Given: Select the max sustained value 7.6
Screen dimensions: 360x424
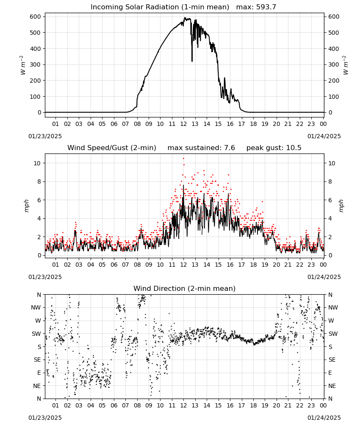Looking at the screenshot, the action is pos(229,148).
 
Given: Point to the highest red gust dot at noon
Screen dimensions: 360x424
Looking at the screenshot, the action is pos(184,159).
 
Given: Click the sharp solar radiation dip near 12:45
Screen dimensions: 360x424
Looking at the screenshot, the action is pos(192,61).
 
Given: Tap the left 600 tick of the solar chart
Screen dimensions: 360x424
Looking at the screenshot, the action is pos(36,17).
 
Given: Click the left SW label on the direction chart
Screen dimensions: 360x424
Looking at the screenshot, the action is pos(36,334).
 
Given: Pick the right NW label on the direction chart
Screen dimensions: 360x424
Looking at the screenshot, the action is pos(333,307).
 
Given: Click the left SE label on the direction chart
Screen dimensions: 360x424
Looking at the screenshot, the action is pos(38,360).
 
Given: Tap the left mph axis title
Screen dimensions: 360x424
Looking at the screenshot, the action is pos(26,206).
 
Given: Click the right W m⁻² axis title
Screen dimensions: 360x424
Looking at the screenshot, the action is pos(346,65).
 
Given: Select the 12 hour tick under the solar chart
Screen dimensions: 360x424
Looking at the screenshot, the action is pos(184,124).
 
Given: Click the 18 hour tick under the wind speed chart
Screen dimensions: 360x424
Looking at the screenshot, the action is pos(253,265).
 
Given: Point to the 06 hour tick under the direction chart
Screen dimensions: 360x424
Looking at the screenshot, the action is pos(114,405).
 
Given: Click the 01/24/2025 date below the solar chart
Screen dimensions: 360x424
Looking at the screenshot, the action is pos(324,136).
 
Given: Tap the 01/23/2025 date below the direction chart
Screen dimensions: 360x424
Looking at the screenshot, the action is pos(45,418).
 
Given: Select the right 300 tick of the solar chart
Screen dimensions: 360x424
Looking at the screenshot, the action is pos(333,64).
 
